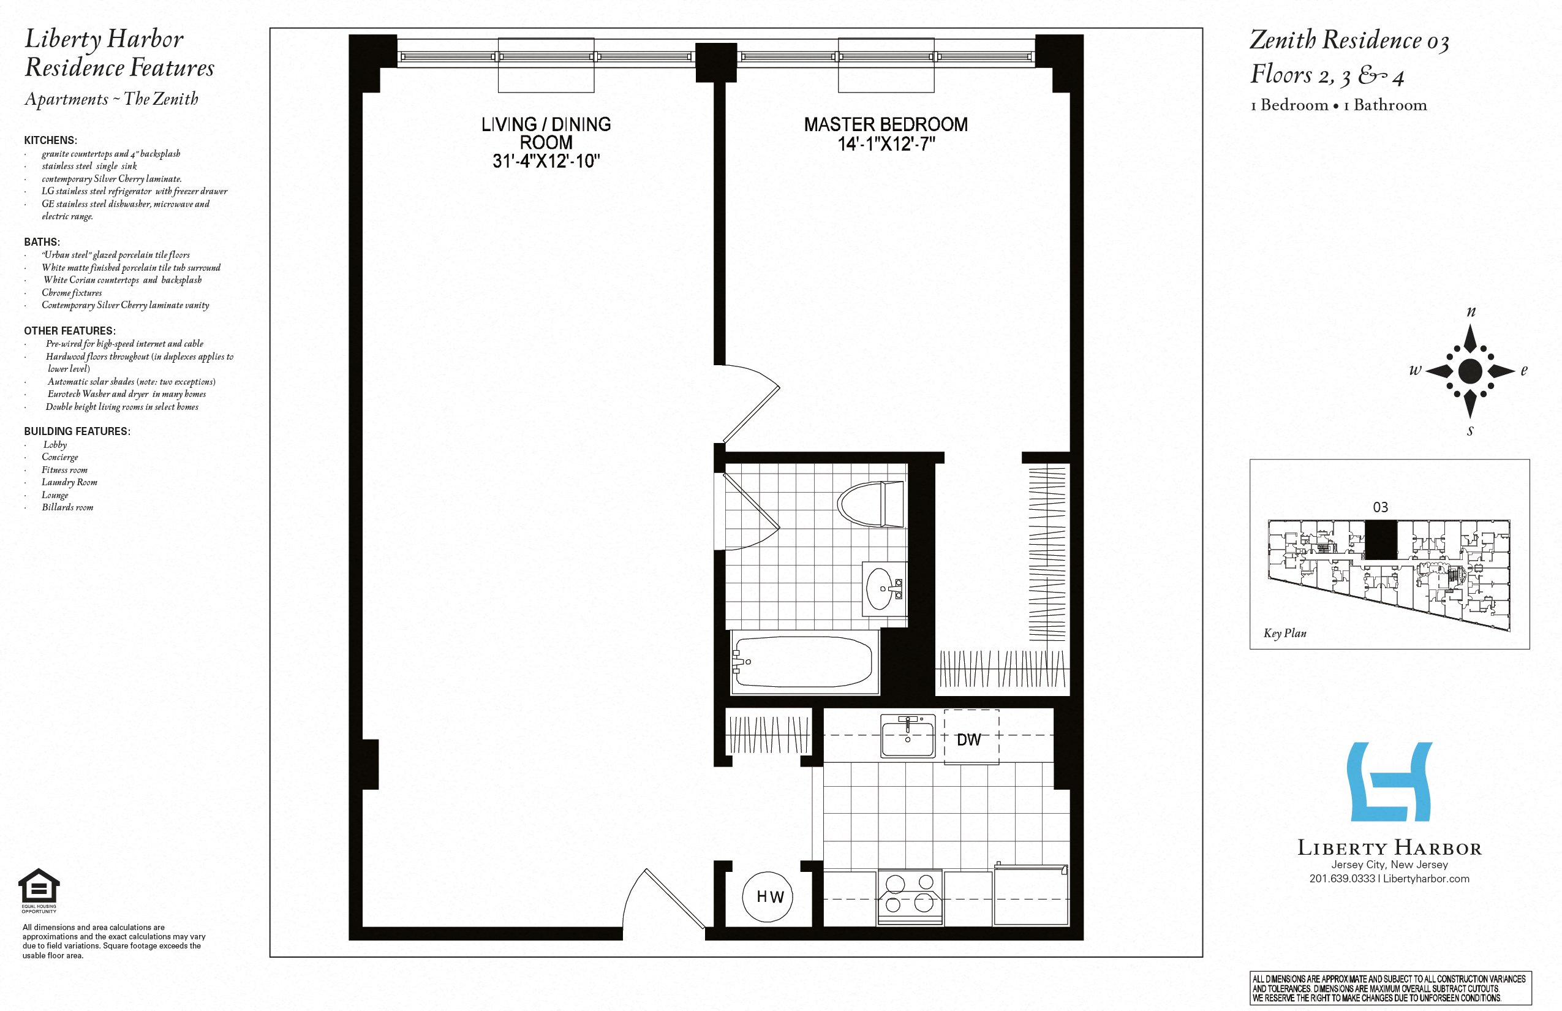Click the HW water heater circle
click(x=767, y=897)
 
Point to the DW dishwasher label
click(x=968, y=740)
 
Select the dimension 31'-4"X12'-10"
click(x=546, y=161)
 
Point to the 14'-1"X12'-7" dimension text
click(x=885, y=144)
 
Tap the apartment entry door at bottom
click(x=666, y=899)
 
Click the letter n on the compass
click(x=1471, y=312)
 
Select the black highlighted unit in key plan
click(x=1380, y=540)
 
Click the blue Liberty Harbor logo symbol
click(x=1389, y=781)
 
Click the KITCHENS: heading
click(x=50, y=140)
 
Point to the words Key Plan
click(x=1285, y=633)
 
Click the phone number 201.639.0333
click(x=1341, y=879)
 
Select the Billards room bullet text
click(x=67, y=507)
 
